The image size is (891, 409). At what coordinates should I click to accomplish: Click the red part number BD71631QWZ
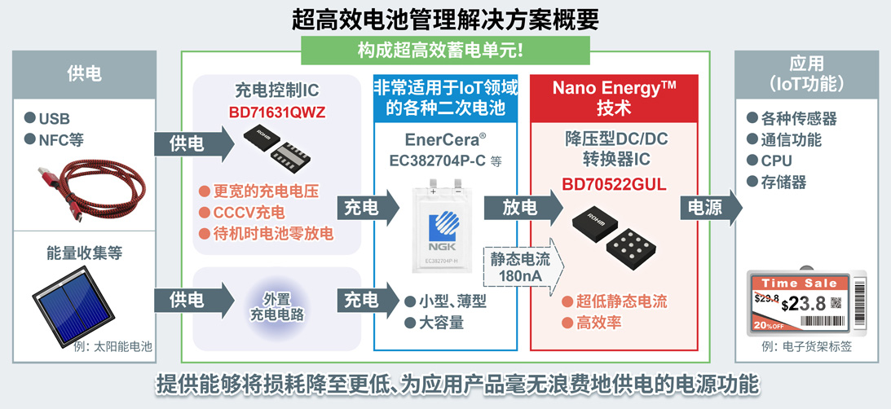[276, 110]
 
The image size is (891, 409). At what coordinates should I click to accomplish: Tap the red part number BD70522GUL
[614, 184]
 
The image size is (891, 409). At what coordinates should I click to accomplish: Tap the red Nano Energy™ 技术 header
[614, 97]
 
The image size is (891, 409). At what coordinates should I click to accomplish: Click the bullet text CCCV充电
[255, 213]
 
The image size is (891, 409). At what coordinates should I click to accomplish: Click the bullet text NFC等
[61, 139]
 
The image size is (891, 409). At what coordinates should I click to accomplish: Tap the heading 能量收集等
[84, 253]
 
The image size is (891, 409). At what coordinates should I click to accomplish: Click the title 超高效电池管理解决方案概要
[445, 17]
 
